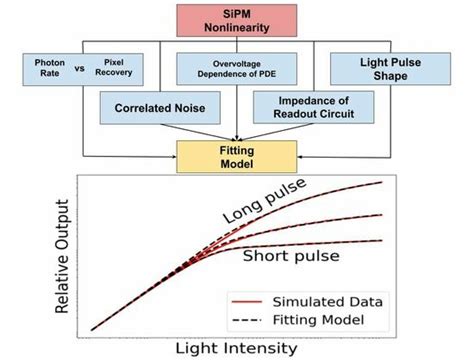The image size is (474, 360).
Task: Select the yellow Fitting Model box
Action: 238,156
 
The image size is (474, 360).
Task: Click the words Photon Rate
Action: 42,68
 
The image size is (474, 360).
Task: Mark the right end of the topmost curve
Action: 383,182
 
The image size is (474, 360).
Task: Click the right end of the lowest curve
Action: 383,240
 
